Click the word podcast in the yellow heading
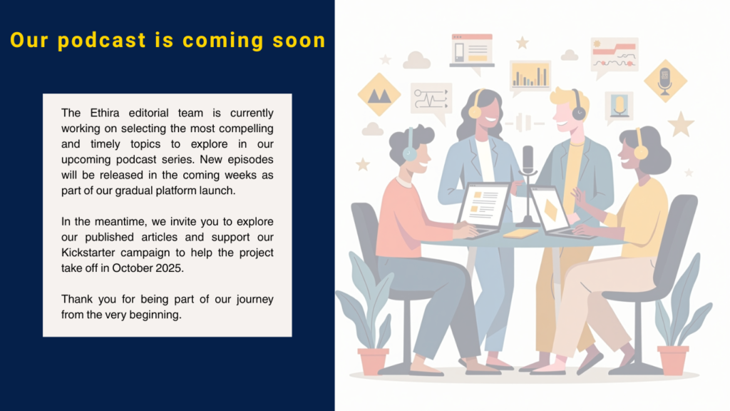(102, 41)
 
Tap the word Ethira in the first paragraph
(105, 113)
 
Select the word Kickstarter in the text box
(88, 253)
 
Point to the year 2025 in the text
(170, 268)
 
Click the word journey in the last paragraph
(255, 300)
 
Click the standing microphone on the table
(528, 186)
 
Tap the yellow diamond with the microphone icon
(665, 81)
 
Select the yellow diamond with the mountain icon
(379, 95)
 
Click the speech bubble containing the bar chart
(530, 76)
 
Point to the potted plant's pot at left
(373, 361)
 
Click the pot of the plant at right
(673, 360)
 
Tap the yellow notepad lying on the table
(520, 233)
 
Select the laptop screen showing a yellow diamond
(550, 209)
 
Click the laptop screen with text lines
(483, 205)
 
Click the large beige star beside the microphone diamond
(681, 124)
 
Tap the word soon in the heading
(299, 41)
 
